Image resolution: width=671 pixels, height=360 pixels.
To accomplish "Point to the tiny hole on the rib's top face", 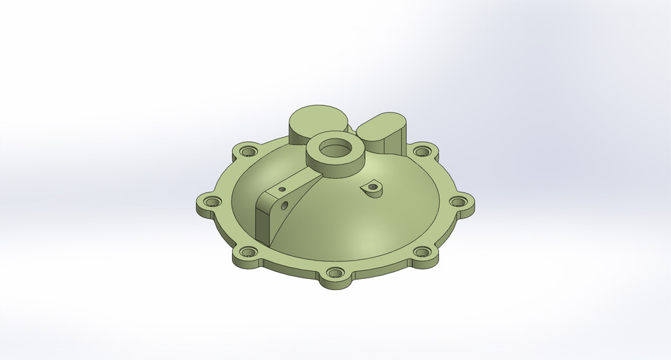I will (x=282, y=189).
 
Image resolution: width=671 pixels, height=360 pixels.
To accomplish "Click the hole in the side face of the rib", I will (x=284, y=206).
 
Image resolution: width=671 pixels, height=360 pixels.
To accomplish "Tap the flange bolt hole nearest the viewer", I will (x=335, y=273).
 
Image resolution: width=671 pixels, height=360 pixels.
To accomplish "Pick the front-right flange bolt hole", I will (x=421, y=252).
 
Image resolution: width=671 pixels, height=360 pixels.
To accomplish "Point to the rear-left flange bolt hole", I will (x=247, y=150).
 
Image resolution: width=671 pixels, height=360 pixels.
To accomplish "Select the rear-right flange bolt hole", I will (x=421, y=150).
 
